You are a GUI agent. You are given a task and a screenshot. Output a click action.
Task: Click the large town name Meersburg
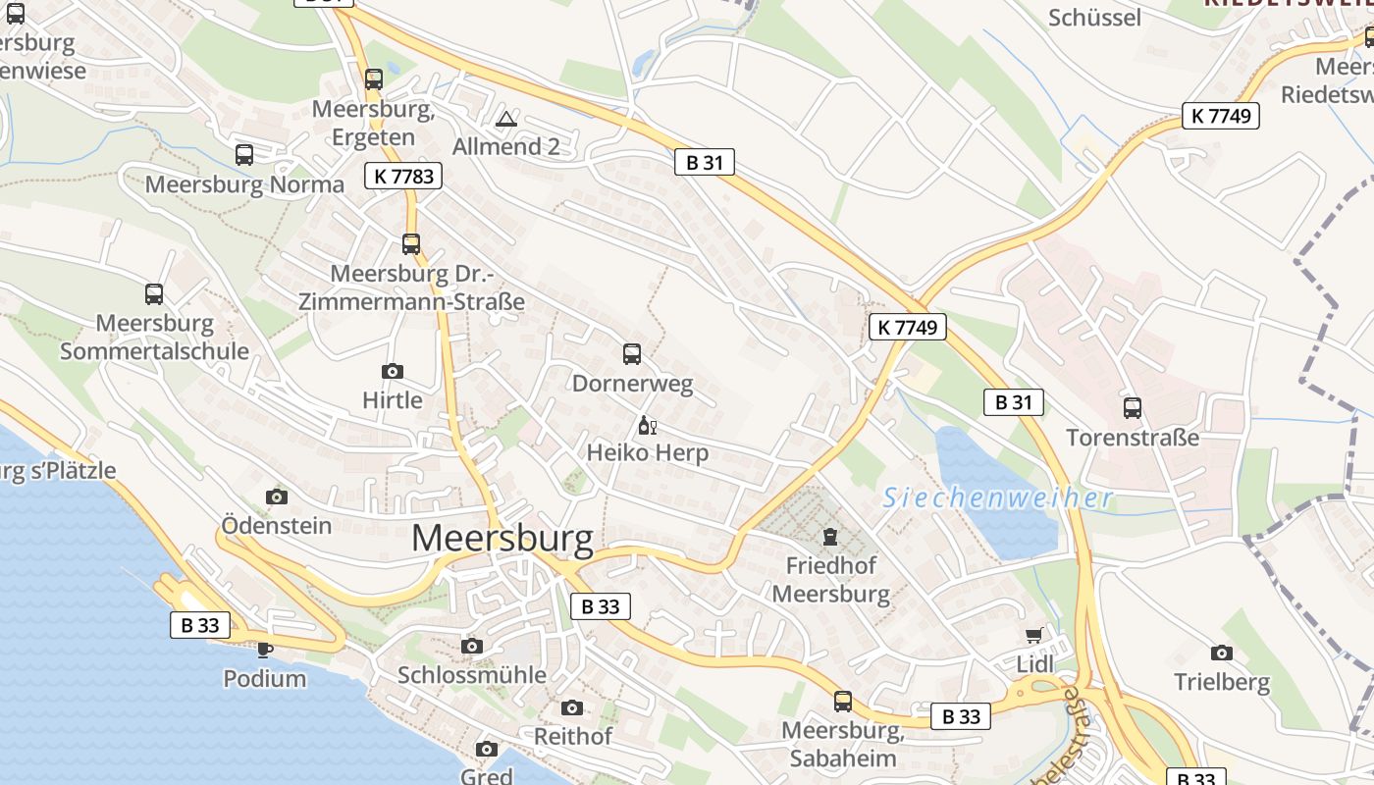pyautogui.click(x=502, y=539)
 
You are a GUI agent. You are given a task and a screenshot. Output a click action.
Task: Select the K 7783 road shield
pyautogui.click(x=402, y=177)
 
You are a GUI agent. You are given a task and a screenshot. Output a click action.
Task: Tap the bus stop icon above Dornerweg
pyautogui.click(x=632, y=354)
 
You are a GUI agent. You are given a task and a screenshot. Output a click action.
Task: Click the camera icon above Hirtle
pyautogui.click(x=393, y=371)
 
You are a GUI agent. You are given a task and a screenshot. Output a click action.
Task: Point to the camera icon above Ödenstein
pyautogui.click(x=277, y=497)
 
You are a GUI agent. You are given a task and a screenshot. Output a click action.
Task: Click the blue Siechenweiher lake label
pyautogui.click(x=997, y=498)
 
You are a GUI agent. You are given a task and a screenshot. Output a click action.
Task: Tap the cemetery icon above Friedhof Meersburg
pyautogui.click(x=830, y=537)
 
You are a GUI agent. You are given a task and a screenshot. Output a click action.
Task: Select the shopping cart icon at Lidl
pyautogui.click(x=1033, y=636)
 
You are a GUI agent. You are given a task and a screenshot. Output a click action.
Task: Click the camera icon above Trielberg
pyautogui.click(x=1222, y=653)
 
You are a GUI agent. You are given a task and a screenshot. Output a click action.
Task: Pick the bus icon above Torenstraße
pyautogui.click(x=1133, y=408)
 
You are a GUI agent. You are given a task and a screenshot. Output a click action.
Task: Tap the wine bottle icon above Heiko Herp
pyautogui.click(x=647, y=425)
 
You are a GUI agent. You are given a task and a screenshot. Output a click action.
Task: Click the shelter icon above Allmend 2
pyautogui.click(x=506, y=120)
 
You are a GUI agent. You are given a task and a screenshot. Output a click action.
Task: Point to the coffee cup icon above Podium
pyautogui.click(x=264, y=649)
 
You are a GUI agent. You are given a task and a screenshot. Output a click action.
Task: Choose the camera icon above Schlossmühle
pyautogui.click(x=472, y=646)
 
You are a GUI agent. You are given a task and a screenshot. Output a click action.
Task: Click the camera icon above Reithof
pyautogui.click(x=572, y=707)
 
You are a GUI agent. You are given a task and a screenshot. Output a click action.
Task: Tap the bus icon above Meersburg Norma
pyautogui.click(x=244, y=155)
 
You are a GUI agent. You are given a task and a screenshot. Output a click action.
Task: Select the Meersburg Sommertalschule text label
pyautogui.click(x=154, y=337)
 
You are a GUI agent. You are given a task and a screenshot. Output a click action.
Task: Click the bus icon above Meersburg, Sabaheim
pyautogui.click(x=843, y=702)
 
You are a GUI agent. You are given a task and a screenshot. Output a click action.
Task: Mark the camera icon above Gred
pyautogui.click(x=487, y=750)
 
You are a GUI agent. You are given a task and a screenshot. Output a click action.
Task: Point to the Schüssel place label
pyautogui.click(x=1095, y=18)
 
